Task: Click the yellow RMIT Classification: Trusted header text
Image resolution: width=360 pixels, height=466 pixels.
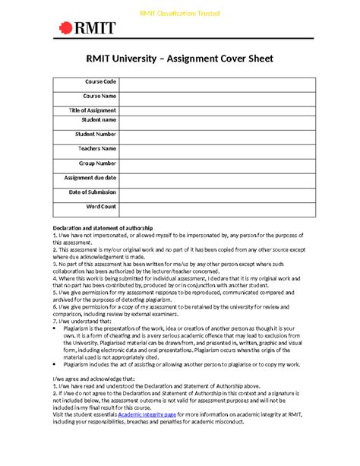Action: coord(179,14)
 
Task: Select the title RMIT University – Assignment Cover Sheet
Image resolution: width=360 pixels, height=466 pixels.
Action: coord(179,60)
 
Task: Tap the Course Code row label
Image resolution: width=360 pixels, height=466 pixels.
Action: coord(100,82)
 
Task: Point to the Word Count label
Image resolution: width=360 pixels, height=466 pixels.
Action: coord(101,207)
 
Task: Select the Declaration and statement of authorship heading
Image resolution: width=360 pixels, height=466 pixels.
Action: coord(103,228)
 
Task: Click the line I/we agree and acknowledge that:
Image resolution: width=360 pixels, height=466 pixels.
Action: coord(93,378)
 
